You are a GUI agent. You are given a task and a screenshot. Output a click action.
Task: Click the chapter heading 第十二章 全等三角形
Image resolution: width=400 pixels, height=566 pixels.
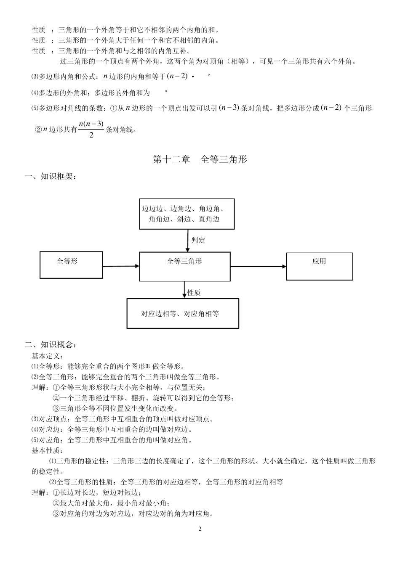pyautogui.click(x=200, y=159)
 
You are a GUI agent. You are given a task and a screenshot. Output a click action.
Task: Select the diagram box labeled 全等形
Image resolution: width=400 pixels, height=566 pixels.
pyautogui.click(x=71, y=265)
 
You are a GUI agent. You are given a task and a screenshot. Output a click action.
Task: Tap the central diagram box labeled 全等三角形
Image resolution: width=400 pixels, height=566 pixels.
pyautogui.click(x=185, y=267)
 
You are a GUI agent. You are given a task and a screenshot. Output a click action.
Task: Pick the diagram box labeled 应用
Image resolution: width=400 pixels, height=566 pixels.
pyautogui.click(x=320, y=266)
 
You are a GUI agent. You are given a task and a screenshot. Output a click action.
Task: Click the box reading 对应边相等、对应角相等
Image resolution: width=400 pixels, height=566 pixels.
pyautogui.click(x=183, y=314)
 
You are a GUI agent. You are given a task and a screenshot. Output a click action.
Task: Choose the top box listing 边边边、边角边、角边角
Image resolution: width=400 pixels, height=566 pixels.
pyautogui.click(x=187, y=214)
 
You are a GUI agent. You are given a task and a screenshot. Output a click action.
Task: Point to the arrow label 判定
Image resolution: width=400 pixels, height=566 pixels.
pyautogui.click(x=198, y=240)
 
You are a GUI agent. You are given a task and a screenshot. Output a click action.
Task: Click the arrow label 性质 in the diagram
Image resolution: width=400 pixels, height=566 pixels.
pyautogui.click(x=194, y=293)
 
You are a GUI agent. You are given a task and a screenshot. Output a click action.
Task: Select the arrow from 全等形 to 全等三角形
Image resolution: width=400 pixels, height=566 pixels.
pyautogui.click(x=121, y=266)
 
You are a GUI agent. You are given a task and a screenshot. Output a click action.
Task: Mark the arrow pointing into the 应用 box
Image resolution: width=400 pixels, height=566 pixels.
pyautogui.click(x=258, y=266)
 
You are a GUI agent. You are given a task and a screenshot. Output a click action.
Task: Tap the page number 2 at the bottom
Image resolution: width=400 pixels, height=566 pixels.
pyautogui.click(x=200, y=529)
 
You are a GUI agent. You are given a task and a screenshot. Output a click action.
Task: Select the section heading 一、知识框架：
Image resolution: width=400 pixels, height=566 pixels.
pyautogui.click(x=51, y=177)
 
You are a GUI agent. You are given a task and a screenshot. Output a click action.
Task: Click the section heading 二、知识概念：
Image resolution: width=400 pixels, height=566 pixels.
pyautogui.click(x=51, y=345)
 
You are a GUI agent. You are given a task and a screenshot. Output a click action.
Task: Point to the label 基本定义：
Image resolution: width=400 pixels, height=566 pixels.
pyautogui.click(x=48, y=356)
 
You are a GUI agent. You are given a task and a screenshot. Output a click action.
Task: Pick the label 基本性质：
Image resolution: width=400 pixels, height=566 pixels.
pyautogui.click(x=48, y=450)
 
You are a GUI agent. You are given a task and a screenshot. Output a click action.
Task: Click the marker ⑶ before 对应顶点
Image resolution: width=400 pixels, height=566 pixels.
pyautogui.click(x=35, y=419)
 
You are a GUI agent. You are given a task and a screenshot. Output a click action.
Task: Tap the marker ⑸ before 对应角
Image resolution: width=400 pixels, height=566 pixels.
pyautogui.click(x=35, y=440)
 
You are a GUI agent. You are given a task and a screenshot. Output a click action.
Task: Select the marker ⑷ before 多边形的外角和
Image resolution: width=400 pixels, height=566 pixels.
pyautogui.click(x=35, y=93)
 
